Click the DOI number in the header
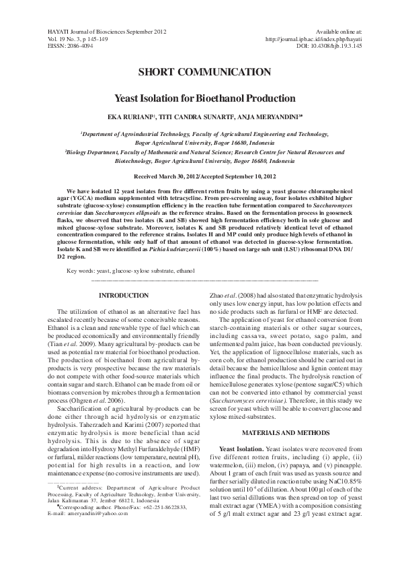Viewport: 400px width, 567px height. (329, 46)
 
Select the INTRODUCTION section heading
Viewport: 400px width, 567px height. (124, 296)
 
